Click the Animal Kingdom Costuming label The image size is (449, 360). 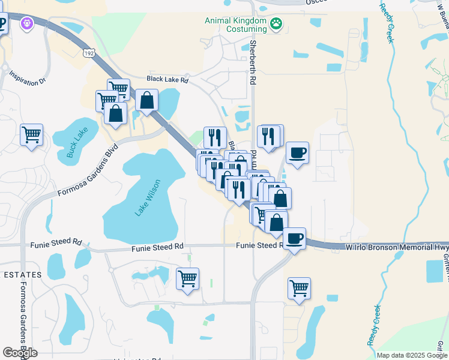pyautogui.click(x=235, y=24)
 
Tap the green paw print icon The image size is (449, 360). pyautogui.click(x=276, y=24)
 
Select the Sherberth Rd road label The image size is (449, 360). pyautogui.click(x=253, y=62)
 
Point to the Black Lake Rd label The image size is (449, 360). pyautogui.click(x=168, y=79)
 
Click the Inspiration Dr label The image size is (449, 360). pyautogui.click(x=28, y=77)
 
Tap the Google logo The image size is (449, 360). pyautogui.click(x=20, y=353)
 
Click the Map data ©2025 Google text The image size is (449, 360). pyautogui.click(x=412, y=355)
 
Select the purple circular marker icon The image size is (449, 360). pyautogui.click(x=25, y=23)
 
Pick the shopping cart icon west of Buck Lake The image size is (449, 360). pyautogui.click(x=31, y=134)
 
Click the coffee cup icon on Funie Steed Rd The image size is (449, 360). pyautogui.click(x=294, y=239)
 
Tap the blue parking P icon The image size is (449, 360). pyautogui.click(x=2, y=25)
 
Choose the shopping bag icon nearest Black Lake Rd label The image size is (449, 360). pyautogui.click(x=146, y=100)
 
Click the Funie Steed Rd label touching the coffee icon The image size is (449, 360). pyautogui.click(x=259, y=245)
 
